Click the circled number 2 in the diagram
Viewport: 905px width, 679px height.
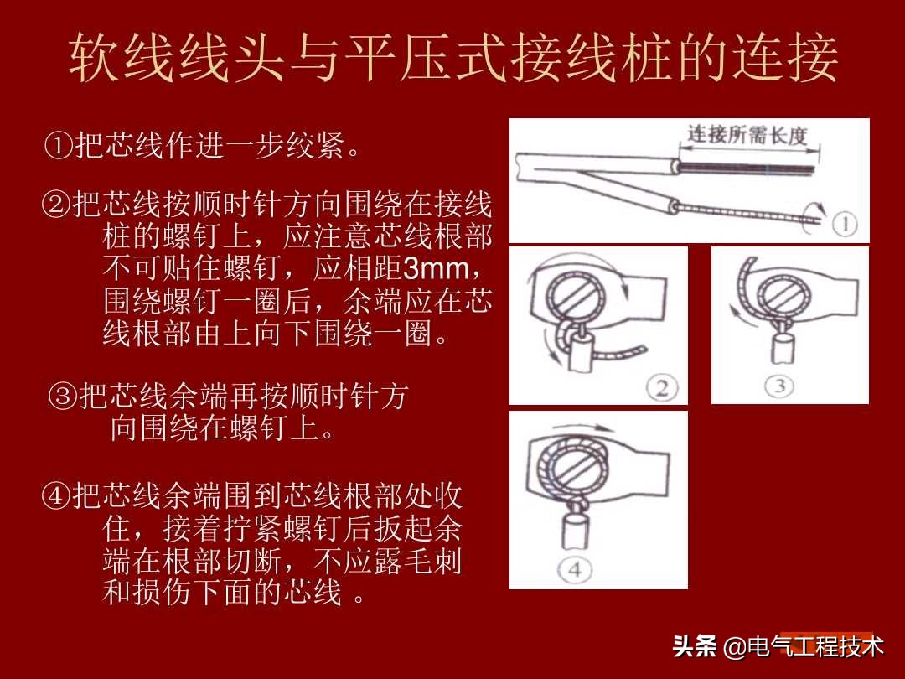pyautogui.click(x=661, y=387)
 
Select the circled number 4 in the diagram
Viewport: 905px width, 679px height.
pyautogui.click(x=575, y=570)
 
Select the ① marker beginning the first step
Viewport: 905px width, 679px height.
pyautogui.click(x=59, y=148)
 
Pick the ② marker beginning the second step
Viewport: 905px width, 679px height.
pyautogui.click(x=55, y=204)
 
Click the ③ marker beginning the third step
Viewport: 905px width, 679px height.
pyautogui.click(x=64, y=397)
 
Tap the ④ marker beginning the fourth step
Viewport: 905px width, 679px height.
pyautogui.click(x=55, y=495)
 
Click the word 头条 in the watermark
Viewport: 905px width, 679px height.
pyautogui.click(x=695, y=646)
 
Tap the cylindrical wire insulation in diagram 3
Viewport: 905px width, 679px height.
pyautogui.click(x=784, y=347)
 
